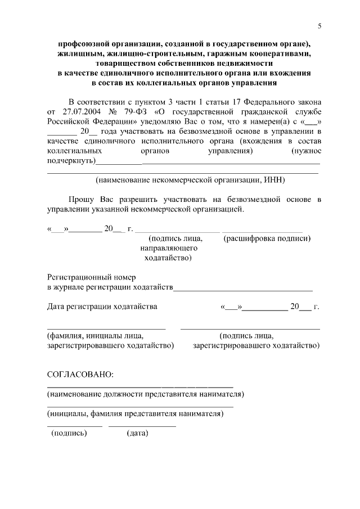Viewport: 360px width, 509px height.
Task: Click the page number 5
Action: coord(319,26)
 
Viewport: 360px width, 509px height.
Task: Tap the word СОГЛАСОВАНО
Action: coord(80,375)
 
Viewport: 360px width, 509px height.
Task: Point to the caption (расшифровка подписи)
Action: coord(267,238)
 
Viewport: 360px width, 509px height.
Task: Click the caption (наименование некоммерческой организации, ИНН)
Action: coord(190,180)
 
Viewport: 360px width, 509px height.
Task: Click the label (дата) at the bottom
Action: coord(137,433)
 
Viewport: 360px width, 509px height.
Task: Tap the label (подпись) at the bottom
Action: coord(69,433)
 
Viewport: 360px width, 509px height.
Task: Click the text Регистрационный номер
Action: coord(91,277)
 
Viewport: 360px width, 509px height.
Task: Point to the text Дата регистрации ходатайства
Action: coord(102,307)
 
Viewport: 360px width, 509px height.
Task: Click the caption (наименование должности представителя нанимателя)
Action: coord(146,394)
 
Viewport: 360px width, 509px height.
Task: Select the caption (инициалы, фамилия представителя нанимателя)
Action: coord(136,413)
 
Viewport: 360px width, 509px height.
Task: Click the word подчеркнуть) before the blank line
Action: coord(71,161)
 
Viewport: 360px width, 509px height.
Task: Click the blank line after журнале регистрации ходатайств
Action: coord(243,289)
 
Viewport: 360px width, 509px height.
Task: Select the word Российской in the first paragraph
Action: coord(66,121)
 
